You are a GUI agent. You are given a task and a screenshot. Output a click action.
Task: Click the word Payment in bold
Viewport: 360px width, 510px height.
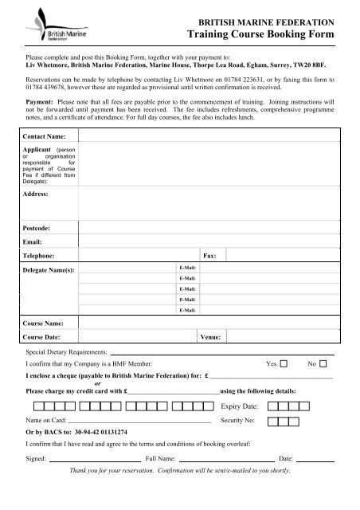(x=43, y=102)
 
